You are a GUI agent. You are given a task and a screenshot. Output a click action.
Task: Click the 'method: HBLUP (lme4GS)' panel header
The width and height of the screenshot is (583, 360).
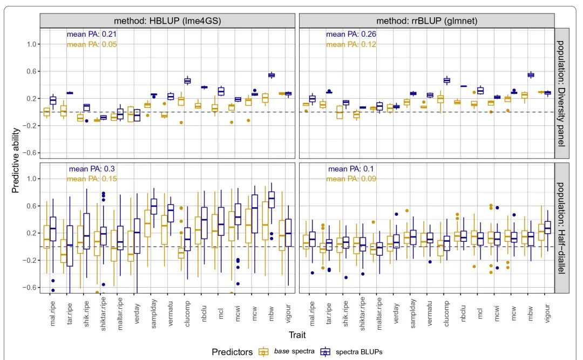click(x=168, y=20)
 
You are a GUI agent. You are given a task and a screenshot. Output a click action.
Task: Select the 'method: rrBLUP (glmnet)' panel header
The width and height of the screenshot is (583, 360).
click(x=426, y=20)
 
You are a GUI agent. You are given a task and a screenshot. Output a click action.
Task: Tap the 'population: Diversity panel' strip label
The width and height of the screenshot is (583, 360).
click(x=562, y=92)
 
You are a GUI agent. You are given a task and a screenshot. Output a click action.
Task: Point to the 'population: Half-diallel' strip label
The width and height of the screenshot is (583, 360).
click(x=562, y=227)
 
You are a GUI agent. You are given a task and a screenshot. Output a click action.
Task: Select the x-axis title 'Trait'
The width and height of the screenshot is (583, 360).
click(x=297, y=335)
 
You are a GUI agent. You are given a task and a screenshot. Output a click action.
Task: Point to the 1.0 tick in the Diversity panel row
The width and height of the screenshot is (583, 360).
click(x=31, y=44)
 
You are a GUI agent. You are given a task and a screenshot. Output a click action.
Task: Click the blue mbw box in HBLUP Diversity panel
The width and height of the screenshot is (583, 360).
click(x=272, y=75)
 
